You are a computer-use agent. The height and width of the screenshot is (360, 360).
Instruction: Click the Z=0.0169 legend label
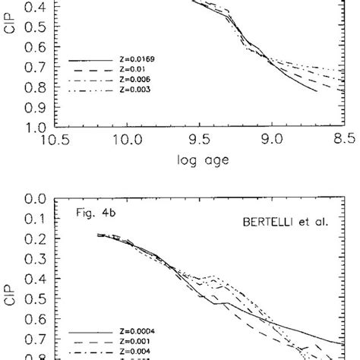click(x=137, y=58)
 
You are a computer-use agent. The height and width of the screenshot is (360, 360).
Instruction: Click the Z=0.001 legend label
click(x=136, y=343)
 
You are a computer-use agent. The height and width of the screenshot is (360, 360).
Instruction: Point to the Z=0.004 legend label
click(x=136, y=352)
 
